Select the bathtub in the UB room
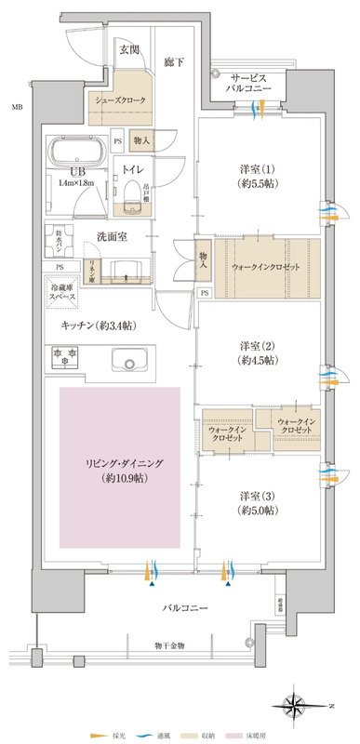coord(78,152)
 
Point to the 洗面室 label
coord(123,237)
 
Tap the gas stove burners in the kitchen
coord(67,357)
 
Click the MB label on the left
coord(16,109)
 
